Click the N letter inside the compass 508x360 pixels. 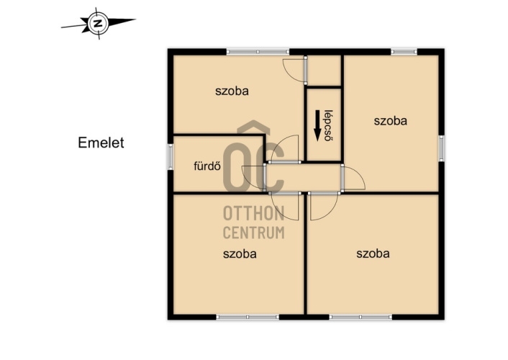98,23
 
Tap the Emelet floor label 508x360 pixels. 101,143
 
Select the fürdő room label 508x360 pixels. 207,166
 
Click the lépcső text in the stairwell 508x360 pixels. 329,125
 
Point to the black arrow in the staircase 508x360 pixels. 317,125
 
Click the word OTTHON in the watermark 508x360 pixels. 254,213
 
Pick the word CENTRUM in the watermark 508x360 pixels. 254,233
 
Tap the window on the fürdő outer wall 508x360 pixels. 171,157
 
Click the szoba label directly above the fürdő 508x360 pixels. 232,91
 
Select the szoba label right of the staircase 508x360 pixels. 391,121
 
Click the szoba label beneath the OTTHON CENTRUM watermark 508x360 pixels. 240,253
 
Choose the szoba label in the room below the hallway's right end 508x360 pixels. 373,253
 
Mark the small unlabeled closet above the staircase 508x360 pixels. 324,71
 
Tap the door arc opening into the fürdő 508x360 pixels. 250,176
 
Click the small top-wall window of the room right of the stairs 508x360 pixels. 404,52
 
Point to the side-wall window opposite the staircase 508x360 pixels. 441,148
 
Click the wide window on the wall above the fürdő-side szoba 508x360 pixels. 258,52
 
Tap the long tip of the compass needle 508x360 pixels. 136,19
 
